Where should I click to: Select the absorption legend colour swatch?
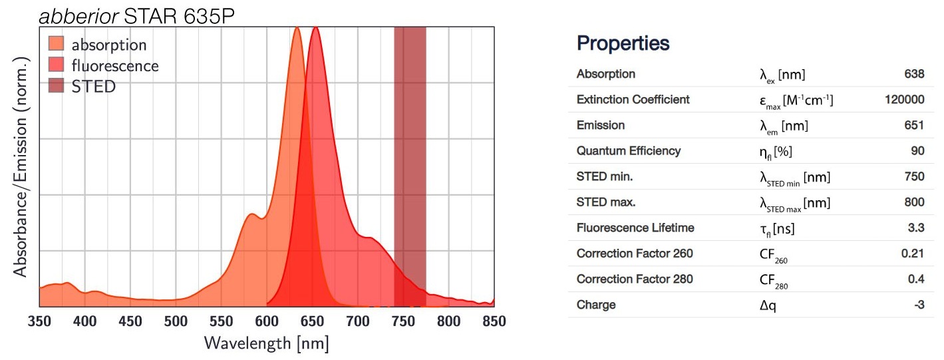[57, 45]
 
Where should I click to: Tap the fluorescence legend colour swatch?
[57, 65]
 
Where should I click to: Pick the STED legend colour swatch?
[57, 86]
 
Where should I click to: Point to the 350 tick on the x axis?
[39, 321]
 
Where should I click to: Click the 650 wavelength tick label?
[312, 321]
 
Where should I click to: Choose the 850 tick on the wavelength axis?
[494, 321]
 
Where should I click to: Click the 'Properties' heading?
[623, 44]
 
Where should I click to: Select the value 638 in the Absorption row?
[914, 74]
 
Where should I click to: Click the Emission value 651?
[914, 125]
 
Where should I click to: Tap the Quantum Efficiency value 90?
[917, 151]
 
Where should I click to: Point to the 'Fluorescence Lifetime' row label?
[635, 228]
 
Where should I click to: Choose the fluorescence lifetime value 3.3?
[916, 228]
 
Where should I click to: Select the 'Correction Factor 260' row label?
[634, 254]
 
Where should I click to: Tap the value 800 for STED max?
[914, 202]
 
